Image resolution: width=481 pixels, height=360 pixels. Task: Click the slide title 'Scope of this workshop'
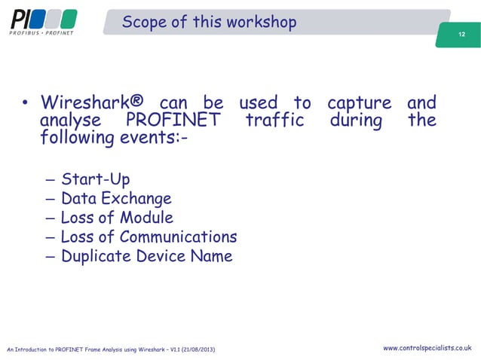pyautogui.click(x=209, y=22)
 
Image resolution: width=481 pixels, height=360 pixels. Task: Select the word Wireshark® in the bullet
pyautogui.click(x=99, y=103)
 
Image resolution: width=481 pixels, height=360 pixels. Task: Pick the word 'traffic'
pyautogui.click(x=274, y=121)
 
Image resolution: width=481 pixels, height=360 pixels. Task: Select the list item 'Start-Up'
pyautogui.click(x=95, y=180)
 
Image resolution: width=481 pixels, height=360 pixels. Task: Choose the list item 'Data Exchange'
pyautogui.click(x=116, y=199)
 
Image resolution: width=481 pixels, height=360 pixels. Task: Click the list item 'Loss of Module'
pyautogui.click(x=117, y=218)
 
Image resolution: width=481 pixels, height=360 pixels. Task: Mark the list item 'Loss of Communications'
pyautogui.click(x=149, y=237)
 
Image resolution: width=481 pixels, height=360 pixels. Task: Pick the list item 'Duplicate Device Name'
pyautogui.click(x=146, y=256)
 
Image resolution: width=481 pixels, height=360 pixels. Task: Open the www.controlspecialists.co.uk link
pyautogui.click(x=427, y=348)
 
